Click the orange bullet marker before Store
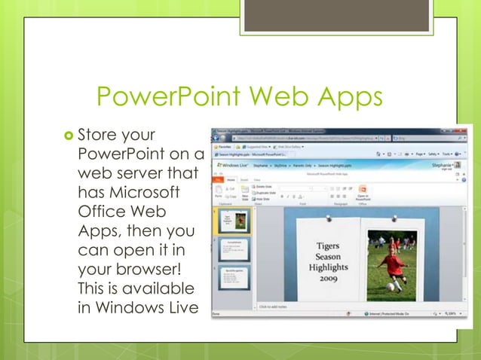pyautogui.click(x=67, y=136)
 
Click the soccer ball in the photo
pyautogui.click(x=391, y=287)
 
